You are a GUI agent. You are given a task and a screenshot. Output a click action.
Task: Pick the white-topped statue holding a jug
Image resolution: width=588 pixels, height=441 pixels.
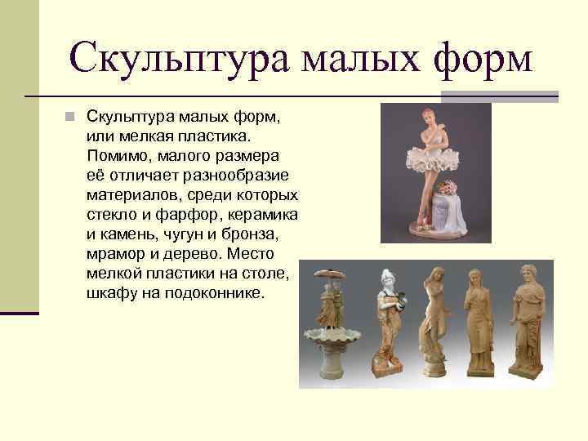pyautogui.click(x=386, y=323)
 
